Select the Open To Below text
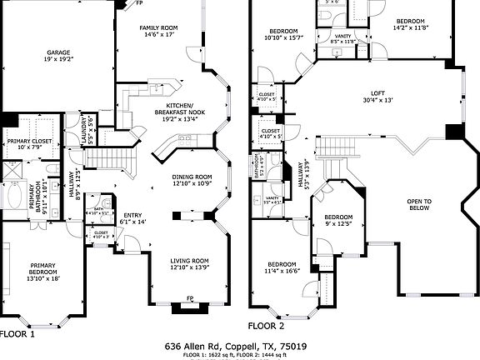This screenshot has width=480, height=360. point(419,205)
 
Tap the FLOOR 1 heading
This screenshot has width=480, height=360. point(17,333)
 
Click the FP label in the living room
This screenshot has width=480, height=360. point(190,298)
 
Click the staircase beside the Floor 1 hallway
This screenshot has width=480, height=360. point(107,158)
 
